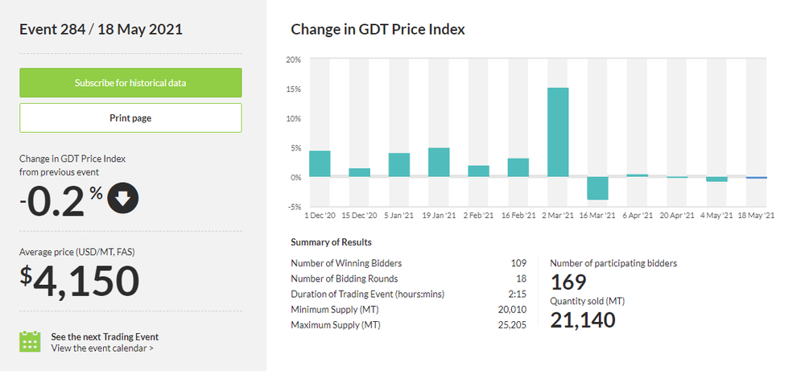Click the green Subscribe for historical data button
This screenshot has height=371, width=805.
click(x=130, y=83)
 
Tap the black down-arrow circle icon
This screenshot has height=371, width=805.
click(x=122, y=200)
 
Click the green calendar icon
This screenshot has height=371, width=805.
click(x=30, y=342)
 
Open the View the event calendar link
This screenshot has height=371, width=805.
click(x=101, y=348)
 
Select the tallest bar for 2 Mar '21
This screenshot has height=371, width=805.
click(x=558, y=132)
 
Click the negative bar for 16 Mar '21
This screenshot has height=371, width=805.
click(x=597, y=188)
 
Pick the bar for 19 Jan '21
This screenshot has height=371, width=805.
click(x=439, y=163)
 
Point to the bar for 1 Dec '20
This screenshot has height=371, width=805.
click(x=320, y=163)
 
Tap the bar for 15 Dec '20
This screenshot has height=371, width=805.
click(x=359, y=172)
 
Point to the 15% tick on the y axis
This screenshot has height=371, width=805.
click(x=293, y=89)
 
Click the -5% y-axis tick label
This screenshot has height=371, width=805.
click(x=294, y=207)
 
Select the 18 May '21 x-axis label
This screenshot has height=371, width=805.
click(x=756, y=216)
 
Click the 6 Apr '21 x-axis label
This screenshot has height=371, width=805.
click(x=637, y=216)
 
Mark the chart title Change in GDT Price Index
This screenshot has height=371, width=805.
click(x=378, y=30)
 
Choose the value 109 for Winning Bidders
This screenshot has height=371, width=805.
click(x=518, y=263)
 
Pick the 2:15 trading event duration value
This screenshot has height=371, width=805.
click(x=518, y=294)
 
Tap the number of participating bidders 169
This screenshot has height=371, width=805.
click(x=568, y=282)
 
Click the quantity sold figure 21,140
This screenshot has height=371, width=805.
click(x=583, y=319)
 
